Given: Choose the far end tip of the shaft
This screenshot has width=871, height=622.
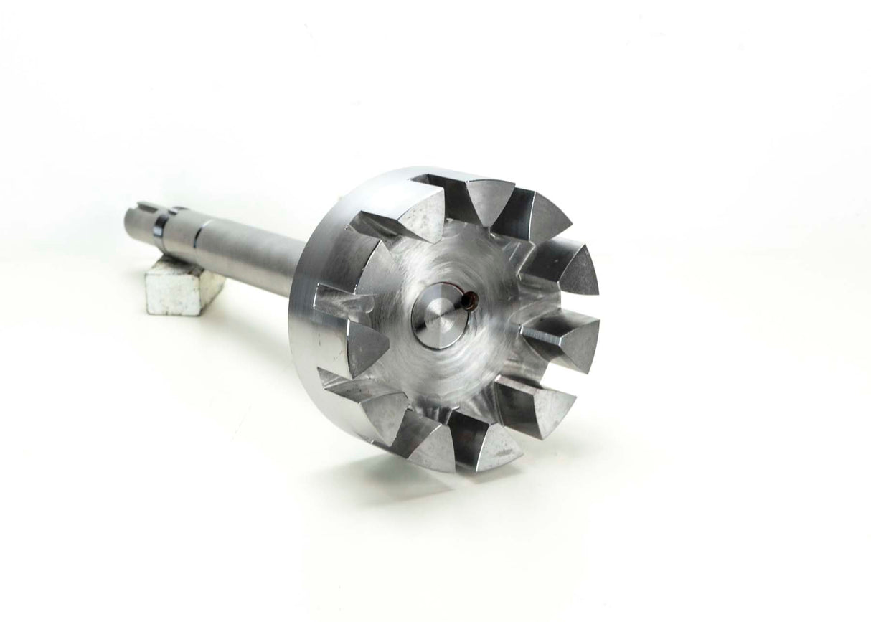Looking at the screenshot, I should (130, 215).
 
